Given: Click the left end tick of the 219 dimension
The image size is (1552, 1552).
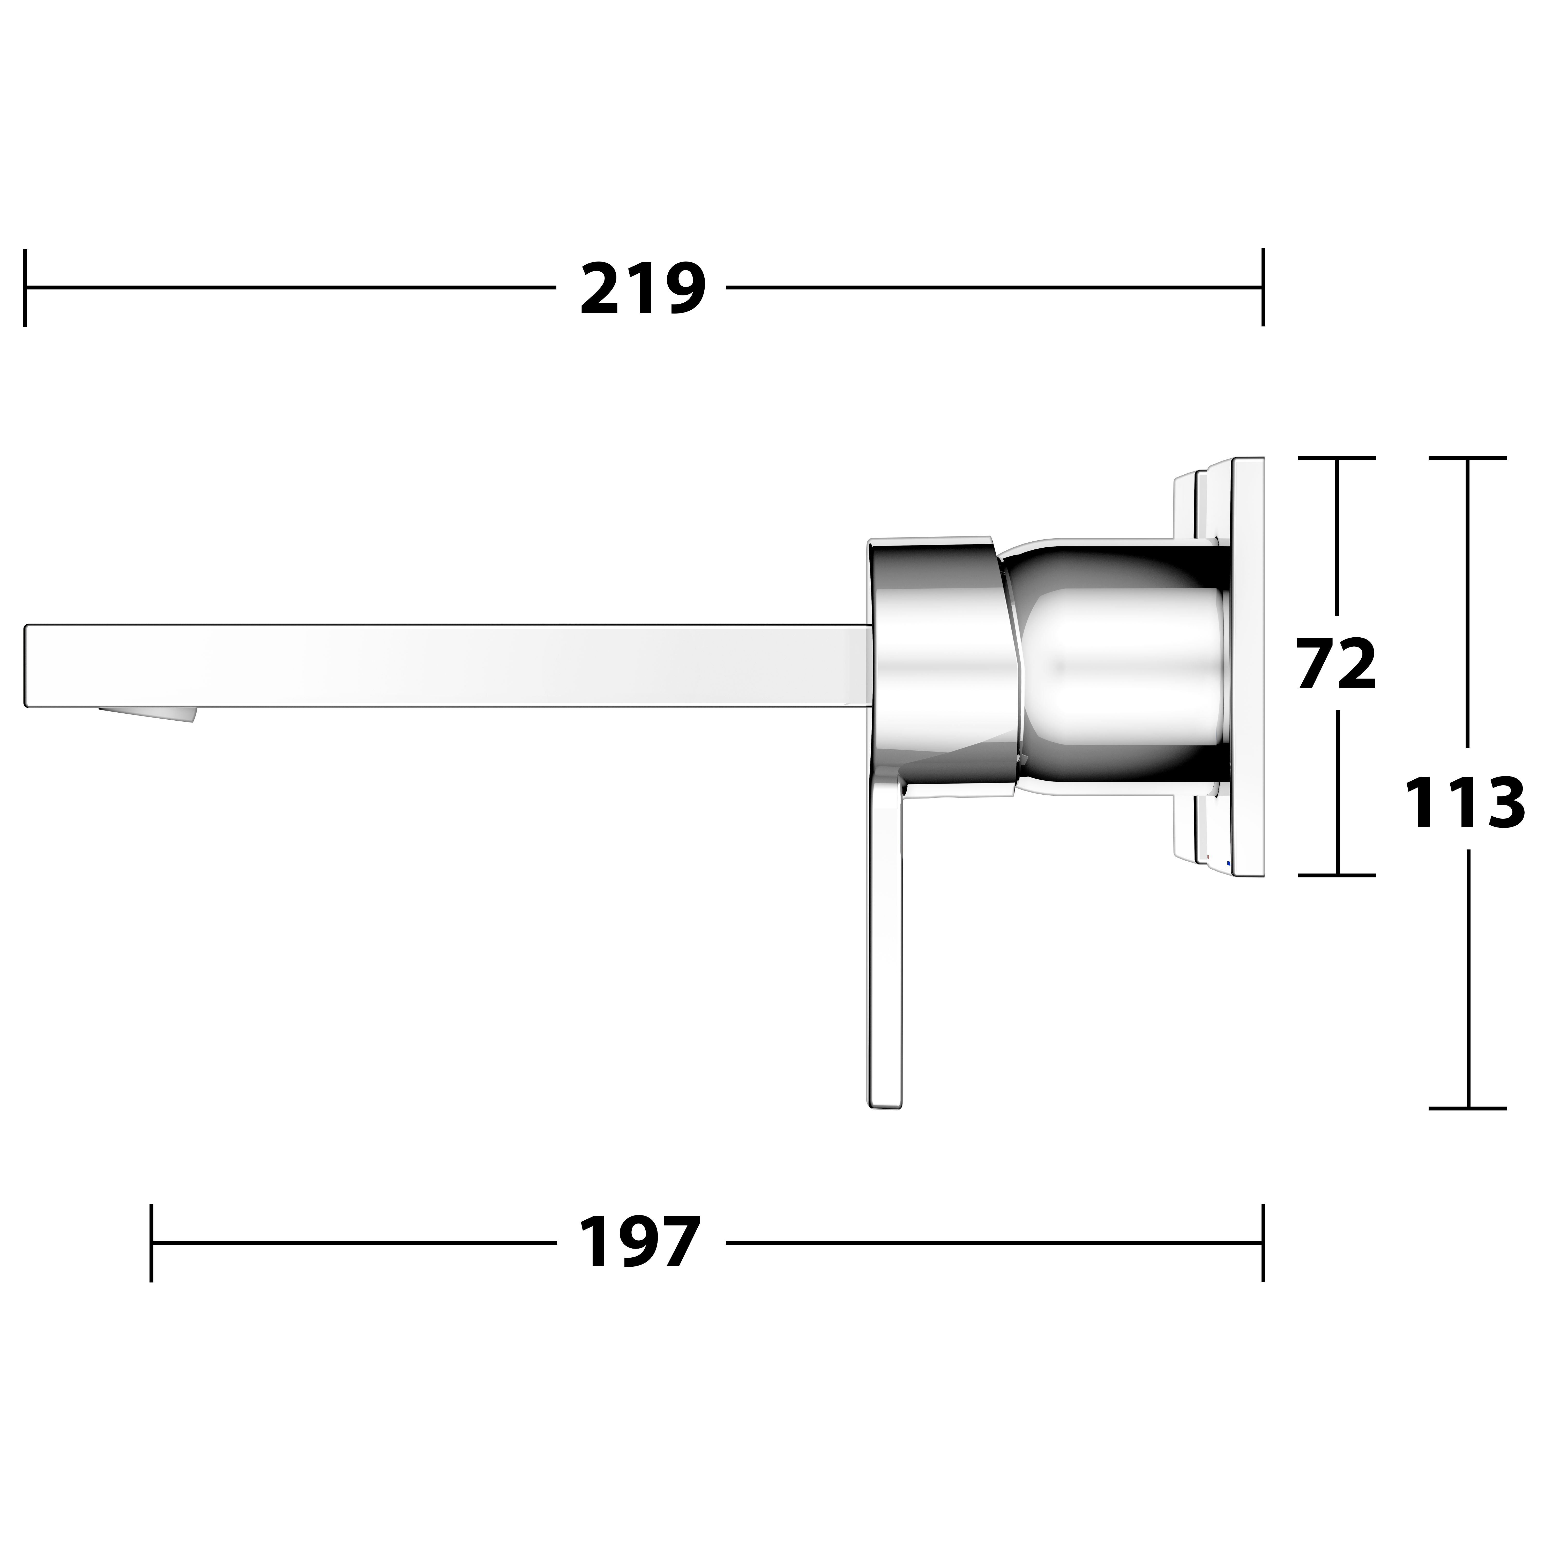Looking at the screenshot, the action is click(26, 288).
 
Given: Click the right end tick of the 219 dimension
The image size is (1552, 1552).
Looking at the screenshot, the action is click(1263, 288).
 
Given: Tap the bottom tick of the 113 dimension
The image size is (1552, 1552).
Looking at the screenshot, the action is click(1468, 1109).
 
